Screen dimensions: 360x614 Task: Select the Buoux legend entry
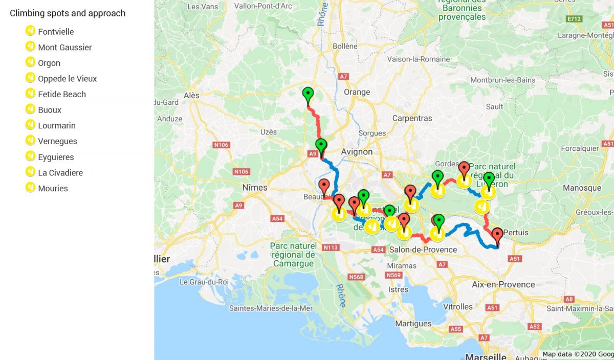49,110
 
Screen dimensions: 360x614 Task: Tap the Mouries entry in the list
53,188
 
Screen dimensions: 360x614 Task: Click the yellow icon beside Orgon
30,62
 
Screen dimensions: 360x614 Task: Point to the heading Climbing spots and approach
68,13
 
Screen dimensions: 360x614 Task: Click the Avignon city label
357,152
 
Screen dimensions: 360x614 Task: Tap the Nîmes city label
255,188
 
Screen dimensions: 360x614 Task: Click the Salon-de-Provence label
423,250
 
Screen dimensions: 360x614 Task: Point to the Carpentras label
412,118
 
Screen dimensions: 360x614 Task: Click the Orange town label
357,92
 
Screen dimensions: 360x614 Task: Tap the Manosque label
582,188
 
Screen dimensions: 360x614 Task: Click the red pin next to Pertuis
497,236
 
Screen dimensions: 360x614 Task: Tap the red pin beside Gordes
464,168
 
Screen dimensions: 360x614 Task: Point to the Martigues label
413,324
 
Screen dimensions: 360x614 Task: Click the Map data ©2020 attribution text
578,354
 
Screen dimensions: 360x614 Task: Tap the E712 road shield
575,19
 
